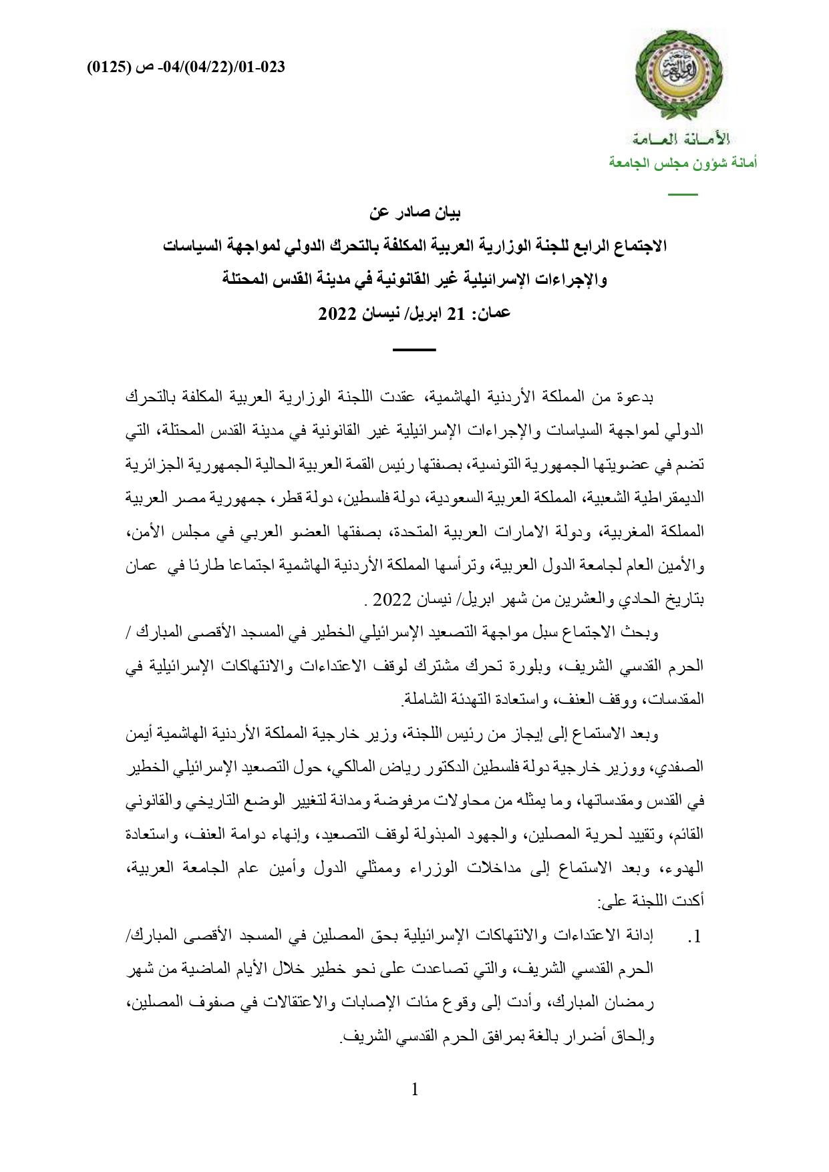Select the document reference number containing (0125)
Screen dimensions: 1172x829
186,67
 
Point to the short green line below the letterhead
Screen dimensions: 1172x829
683,194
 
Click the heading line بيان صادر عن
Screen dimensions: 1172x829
415,214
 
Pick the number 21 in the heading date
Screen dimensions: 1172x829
456,313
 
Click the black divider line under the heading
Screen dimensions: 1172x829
413,349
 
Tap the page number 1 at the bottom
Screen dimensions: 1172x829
415,1090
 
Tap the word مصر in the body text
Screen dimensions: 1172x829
182,498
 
